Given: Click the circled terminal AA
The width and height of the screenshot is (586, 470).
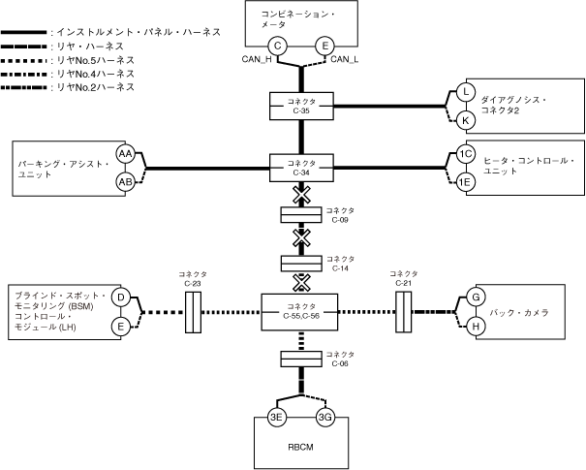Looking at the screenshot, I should [125, 154].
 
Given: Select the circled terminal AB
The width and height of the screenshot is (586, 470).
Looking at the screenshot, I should [125, 180].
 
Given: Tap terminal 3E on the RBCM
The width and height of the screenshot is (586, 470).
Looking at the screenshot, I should [277, 418].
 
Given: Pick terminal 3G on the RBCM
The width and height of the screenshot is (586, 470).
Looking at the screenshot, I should [325, 418].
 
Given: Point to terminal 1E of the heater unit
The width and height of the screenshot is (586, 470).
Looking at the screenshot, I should [466, 181].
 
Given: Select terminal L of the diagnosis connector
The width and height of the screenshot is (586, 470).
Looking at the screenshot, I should [466, 92].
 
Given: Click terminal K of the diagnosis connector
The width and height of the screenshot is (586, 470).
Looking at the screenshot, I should [466, 119].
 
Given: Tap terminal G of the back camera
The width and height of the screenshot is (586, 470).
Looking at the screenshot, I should [476, 297].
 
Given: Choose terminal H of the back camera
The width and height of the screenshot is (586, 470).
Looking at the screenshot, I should [476, 327].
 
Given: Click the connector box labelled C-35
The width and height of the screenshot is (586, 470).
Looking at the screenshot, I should [301, 106].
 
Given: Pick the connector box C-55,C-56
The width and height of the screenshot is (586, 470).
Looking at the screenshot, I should [301, 311].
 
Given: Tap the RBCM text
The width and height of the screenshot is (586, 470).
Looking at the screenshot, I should [300, 449].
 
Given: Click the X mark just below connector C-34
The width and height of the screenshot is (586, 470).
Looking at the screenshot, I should [301, 196].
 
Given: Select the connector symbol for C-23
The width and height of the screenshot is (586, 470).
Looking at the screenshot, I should [192, 311].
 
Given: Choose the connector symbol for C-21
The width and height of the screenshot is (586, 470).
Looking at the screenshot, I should [404, 311].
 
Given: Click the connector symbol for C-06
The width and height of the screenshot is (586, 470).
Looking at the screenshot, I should [301, 360].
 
